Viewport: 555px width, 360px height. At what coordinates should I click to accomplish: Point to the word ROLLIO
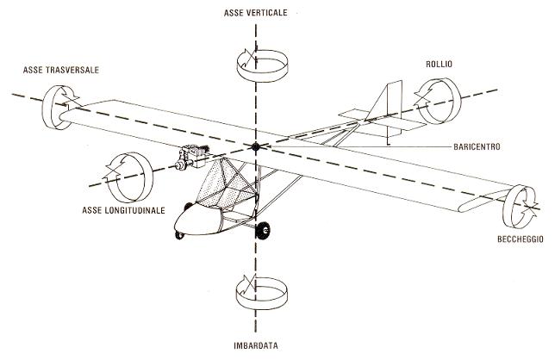(440, 64)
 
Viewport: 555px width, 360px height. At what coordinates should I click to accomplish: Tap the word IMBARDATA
(256, 347)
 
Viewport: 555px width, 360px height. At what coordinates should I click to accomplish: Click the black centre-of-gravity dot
(256, 147)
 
